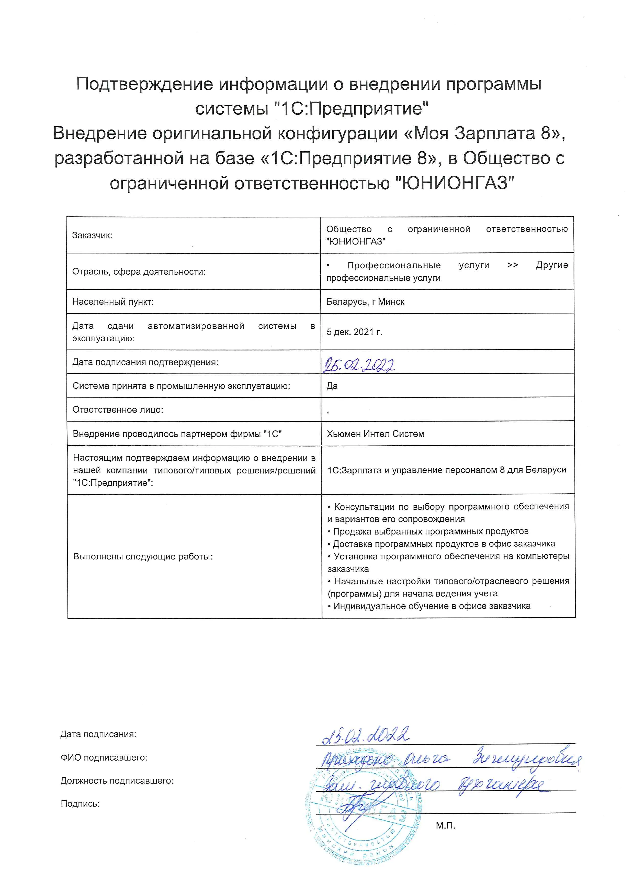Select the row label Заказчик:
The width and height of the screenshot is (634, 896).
[x=92, y=235]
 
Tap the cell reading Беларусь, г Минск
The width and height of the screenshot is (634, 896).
[x=365, y=302]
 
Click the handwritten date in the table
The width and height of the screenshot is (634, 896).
[x=358, y=365]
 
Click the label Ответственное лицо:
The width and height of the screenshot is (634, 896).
[x=118, y=410]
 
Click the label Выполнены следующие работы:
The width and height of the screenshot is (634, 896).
[x=143, y=556]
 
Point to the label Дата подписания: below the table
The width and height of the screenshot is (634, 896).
[x=98, y=734]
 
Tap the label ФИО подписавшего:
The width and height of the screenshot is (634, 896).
[x=104, y=758]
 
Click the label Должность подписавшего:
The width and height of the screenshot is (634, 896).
[x=117, y=781]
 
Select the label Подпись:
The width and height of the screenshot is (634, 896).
[x=81, y=804]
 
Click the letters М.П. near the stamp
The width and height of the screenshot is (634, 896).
[x=445, y=825]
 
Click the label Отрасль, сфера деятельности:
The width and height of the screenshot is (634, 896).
[x=139, y=272]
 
